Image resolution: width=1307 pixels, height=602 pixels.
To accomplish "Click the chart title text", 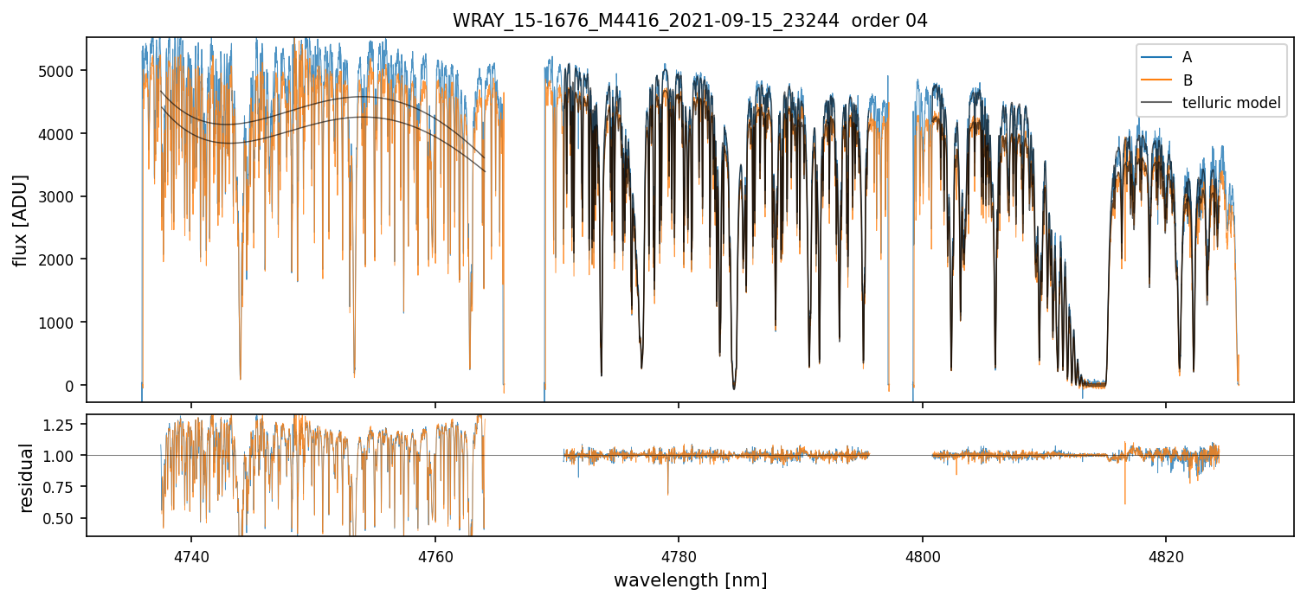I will pos(690,21).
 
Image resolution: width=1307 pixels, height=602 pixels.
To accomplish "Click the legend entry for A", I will pos(1187,57).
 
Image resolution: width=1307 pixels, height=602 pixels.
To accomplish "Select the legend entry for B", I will pos(1187,80).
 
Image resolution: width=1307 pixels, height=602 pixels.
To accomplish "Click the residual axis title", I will pos(27,477).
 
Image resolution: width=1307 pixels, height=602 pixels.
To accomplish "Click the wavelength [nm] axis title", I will pos(690,580).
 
